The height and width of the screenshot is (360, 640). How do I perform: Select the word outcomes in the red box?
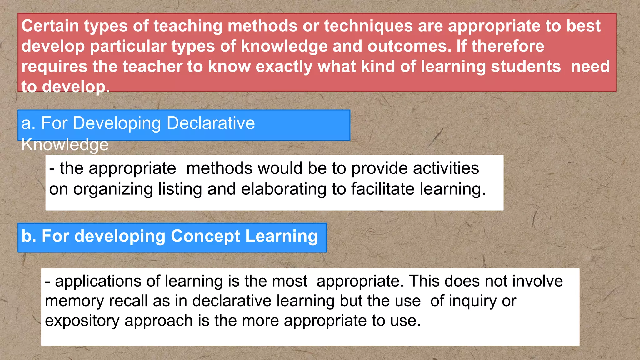[x=409, y=46]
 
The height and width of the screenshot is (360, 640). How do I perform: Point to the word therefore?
[x=508, y=46]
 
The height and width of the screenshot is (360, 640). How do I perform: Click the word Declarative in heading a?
[x=211, y=123]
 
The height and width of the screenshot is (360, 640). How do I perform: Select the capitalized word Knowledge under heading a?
[x=65, y=144]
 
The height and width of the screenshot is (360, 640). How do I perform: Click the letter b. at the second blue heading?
[x=29, y=236]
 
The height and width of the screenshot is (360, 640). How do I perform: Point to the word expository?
[x=82, y=321]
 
